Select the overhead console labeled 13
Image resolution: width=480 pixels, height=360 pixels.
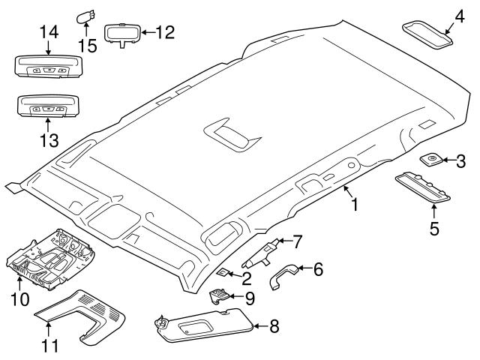click(x=46, y=107)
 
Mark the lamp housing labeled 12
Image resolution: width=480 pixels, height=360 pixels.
click(x=121, y=34)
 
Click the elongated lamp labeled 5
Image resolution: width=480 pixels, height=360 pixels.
click(x=422, y=185)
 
